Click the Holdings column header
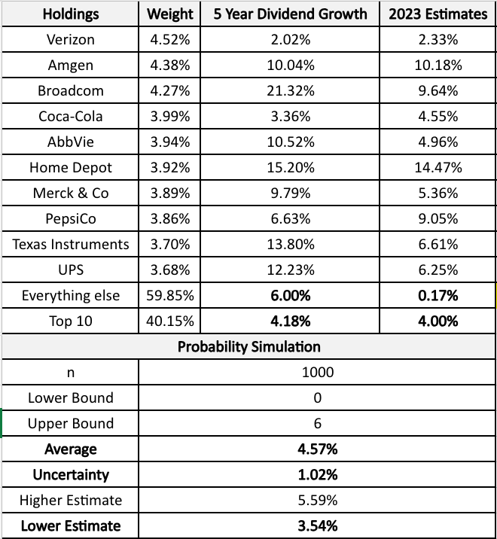pos(71,14)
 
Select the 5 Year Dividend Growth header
pos(290,14)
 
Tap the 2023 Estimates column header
pos(438,14)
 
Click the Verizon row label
pos(71,40)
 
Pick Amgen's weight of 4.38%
pos(169,65)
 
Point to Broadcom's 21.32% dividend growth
pos(290,91)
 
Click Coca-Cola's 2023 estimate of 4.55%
pos(438,117)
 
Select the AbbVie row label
pos(71,142)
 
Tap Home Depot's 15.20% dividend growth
pos(290,168)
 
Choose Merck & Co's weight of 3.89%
pos(169,193)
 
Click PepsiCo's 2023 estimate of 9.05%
pos(438,219)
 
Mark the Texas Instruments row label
pos(71,245)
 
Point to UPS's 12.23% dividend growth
pos(290,270)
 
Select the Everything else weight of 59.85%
pos(169,296)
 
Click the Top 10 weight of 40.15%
pos(169,321)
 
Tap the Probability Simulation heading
pos(248,347)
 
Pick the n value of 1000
pos(317,373)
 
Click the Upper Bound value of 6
pos(317,424)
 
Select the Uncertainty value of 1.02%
pos(317,475)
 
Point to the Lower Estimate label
pos(71,525)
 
